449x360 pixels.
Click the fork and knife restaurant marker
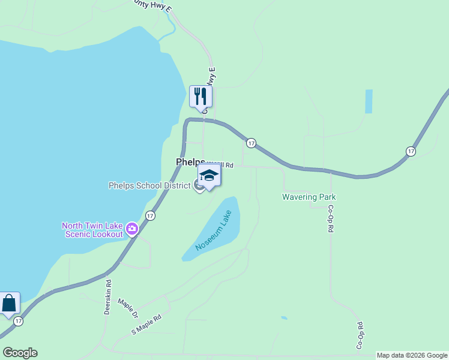click(200, 96)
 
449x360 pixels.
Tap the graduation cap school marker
click(209, 175)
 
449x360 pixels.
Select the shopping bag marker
click(10, 303)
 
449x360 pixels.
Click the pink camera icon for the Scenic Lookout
click(132, 229)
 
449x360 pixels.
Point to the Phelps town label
click(190, 162)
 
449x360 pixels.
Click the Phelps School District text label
click(149, 185)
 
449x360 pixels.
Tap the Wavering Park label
click(309, 197)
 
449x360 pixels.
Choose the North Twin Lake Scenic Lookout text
click(92, 230)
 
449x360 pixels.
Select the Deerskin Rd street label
click(108, 297)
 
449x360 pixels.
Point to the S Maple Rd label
click(146, 325)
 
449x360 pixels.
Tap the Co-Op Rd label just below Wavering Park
click(330, 219)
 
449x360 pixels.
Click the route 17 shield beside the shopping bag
click(19, 322)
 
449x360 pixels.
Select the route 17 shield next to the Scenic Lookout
click(150, 215)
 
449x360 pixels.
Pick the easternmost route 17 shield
click(411, 151)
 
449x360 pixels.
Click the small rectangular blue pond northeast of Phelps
click(369, 101)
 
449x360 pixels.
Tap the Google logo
click(20, 353)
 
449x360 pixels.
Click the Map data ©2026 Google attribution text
click(412, 355)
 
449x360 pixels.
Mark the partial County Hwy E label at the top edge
click(154, 5)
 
